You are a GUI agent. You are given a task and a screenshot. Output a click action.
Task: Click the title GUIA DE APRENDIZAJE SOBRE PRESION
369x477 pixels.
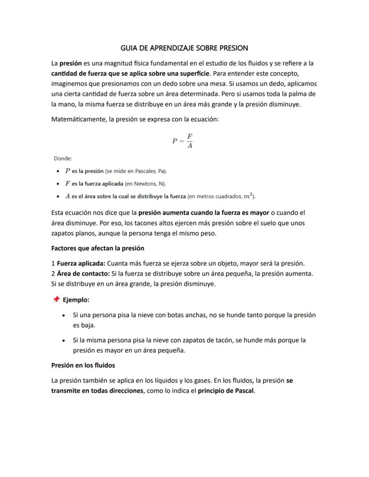pyautogui.click(x=184, y=48)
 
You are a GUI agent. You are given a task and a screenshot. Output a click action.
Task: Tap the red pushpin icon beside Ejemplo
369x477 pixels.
pyautogui.click(x=56, y=300)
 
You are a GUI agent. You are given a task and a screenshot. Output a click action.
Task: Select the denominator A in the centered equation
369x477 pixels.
pyautogui.click(x=189, y=146)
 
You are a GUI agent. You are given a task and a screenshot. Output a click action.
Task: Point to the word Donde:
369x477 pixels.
pyautogui.click(x=63, y=158)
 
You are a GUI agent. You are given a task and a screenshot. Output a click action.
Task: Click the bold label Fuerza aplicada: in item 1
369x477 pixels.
pyautogui.click(x=81, y=263)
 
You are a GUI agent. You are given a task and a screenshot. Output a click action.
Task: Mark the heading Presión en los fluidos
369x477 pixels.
pyautogui.click(x=83, y=365)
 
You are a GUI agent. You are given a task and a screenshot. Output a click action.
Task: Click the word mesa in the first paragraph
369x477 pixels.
pyautogui.click(x=217, y=83)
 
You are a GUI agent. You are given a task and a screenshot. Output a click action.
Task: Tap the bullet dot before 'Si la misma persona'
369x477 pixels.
pyautogui.click(x=66, y=341)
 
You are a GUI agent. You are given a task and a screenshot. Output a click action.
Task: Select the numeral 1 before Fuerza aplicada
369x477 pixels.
pyautogui.click(x=53, y=263)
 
